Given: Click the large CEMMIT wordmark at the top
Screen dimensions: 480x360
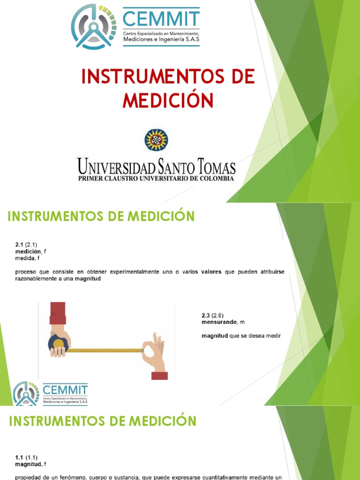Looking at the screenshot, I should point(161,19).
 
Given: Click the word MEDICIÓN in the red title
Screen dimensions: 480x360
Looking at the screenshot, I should point(168,100).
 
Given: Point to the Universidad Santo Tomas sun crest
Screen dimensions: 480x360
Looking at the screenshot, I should point(156,140).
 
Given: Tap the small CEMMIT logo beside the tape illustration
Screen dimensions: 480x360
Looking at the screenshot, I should point(51,393).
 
